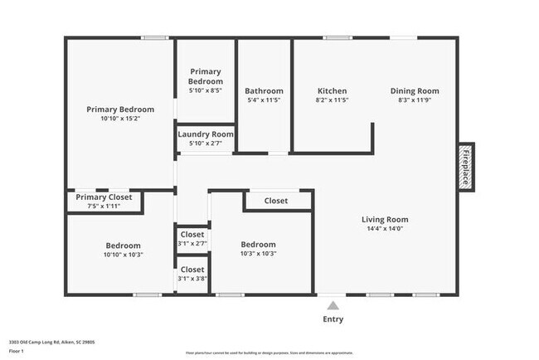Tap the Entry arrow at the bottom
click(x=332, y=304)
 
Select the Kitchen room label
click(x=333, y=91)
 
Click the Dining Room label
click(x=415, y=91)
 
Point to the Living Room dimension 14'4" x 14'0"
click(x=385, y=229)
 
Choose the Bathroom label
click(x=264, y=91)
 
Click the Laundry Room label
click(x=206, y=134)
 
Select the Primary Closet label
click(x=104, y=197)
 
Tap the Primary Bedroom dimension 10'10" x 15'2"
click(x=120, y=119)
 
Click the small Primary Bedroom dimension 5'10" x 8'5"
click(x=206, y=91)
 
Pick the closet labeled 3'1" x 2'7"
click(x=192, y=244)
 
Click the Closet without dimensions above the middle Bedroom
click(x=276, y=201)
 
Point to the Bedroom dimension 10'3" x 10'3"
click(x=258, y=254)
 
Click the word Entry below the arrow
click(x=332, y=319)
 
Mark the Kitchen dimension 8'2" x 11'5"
click(x=333, y=100)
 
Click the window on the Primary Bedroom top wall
click(x=154, y=37)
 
